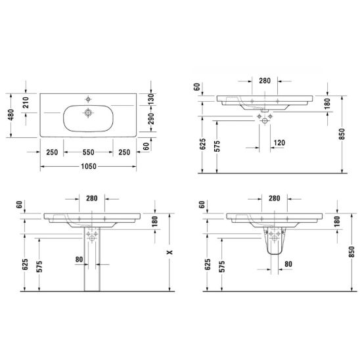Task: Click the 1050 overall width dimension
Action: click(x=89, y=166)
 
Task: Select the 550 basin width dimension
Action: click(x=89, y=152)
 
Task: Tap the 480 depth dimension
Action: click(x=11, y=115)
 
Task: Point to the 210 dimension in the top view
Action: click(x=26, y=102)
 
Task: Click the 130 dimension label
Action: click(x=151, y=99)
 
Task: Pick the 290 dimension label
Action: click(x=151, y=118)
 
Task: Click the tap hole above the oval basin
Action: click(x=88, y=99)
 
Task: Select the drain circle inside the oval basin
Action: click(x=88, y=113)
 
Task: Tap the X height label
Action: click(x=169, y=252)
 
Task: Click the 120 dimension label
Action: click(x=279, y=143)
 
